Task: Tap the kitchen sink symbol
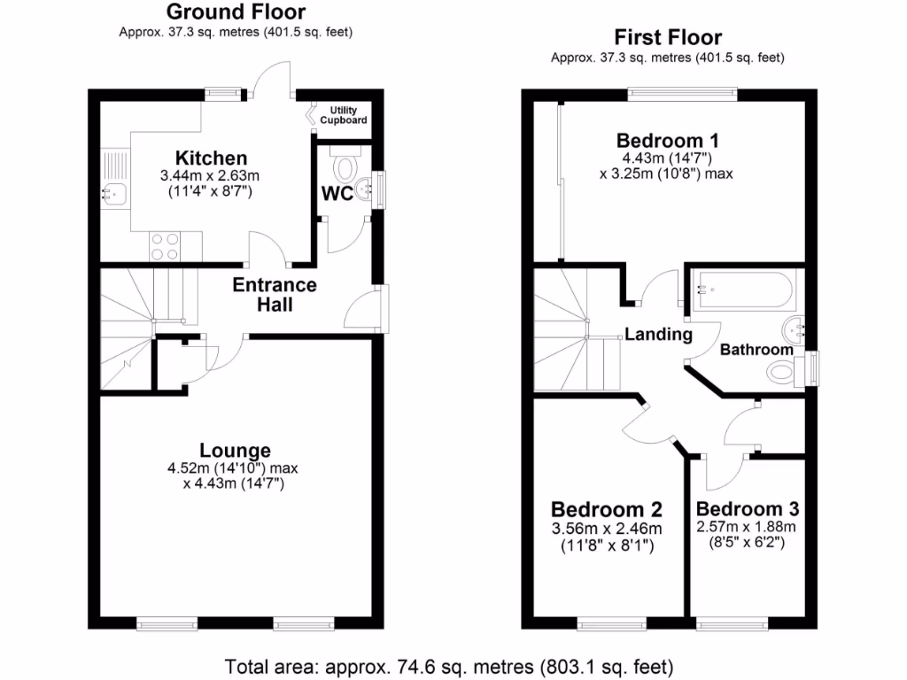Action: tap(115, 190)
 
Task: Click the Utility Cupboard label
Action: tap(344, 115)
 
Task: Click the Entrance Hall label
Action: tap(275, 295)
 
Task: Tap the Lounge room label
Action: tap(235, 450)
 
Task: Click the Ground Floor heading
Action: tap(236, 12)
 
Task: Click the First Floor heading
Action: tap(668, 37)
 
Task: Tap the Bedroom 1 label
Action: tap(667, 140)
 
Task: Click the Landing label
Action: tap(658, 335)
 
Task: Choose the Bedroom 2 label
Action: tap(606, 510)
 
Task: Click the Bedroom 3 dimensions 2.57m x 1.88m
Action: tap(748, 528)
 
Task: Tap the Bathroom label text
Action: tap(756, 350)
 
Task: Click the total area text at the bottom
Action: tap(450, 665)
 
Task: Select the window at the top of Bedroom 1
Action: tap(683, 90)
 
